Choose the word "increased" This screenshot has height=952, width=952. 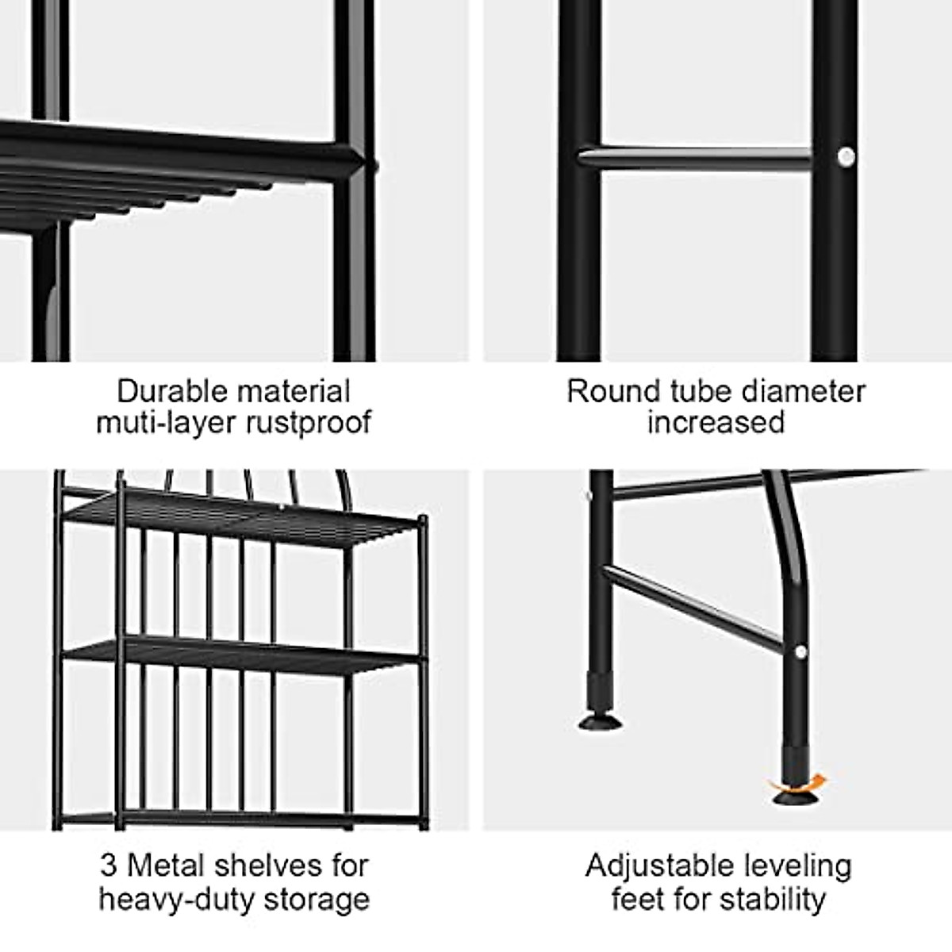716,422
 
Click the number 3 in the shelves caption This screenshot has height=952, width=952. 109,866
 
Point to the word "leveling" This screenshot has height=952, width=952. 798,866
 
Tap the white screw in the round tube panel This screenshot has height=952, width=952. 846,156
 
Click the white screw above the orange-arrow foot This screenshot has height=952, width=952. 800,652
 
